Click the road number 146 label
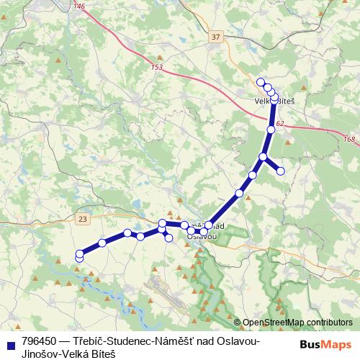(x=79, y=6)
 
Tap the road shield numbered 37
(x=217, y=36)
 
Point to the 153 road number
(x=158, y=68)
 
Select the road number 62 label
(x=279, y=125)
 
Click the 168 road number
(x=349, y=139)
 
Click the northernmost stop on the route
(x=261, y=81)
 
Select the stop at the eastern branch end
(x=281, y=171)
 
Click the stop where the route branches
(x=264, y=157)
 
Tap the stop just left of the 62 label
(x=271, y=130)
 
